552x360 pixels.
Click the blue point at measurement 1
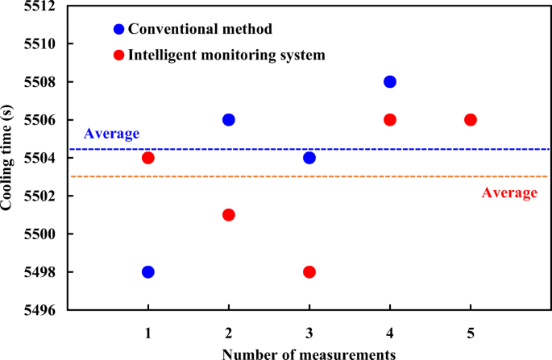coord(148,271)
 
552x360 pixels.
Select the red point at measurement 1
coord(148,158)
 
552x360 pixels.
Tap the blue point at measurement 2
coord(229,119)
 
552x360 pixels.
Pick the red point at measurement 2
coord(229,214)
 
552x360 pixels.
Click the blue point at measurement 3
coord(309,158)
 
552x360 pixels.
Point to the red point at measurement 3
coord(309,271)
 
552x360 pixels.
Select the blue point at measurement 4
coord(390,81)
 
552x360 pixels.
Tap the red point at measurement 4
coord(390,119)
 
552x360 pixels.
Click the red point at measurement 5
coord(471,119)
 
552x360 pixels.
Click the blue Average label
coord(112,134)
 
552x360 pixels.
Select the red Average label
coord(508,192)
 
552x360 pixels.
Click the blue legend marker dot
coord(119,30)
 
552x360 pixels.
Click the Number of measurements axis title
coord(309,352)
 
